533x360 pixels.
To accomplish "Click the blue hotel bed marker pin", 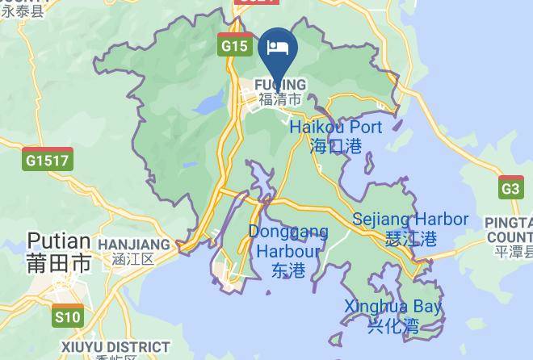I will click(279, 48).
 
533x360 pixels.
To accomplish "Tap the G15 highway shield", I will click(235, 46).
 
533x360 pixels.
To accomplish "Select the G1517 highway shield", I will click(48, 160).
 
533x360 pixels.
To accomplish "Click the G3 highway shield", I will click(511, 189).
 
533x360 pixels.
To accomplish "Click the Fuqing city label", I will click(280, 85).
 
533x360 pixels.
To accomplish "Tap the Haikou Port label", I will click(335, 128).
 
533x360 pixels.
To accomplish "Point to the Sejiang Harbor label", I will click(410, 219).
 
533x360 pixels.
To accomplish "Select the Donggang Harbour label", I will click(288, 241).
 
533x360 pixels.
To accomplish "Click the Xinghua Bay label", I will click(393, 307).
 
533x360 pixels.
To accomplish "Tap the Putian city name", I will click(59, 241).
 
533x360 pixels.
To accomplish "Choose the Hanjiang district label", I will click(134, 244).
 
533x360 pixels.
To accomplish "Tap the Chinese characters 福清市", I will click(280, 99).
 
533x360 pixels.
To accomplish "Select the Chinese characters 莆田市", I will click(59, 263).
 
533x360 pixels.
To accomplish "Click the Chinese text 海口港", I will click(335, 146).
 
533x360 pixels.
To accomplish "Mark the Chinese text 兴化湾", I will click(393, 326).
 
